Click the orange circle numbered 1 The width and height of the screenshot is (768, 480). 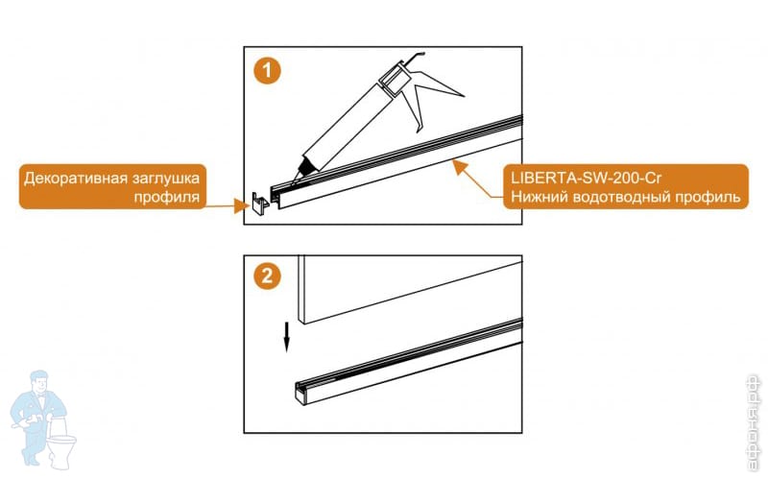click(267, 70)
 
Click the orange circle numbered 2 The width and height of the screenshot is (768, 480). click(267, 276)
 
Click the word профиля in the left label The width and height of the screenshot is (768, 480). click(167, 197)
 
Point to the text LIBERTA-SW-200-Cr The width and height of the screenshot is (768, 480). click(586, 178)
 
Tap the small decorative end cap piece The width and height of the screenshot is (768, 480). click(260, 203)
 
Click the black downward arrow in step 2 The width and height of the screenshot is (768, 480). click(286, 337)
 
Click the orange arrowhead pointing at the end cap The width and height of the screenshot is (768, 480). click(242, 205)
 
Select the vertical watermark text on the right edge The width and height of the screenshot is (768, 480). click(755, 422)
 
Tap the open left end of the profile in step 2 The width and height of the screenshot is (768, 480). click(300, 394)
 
